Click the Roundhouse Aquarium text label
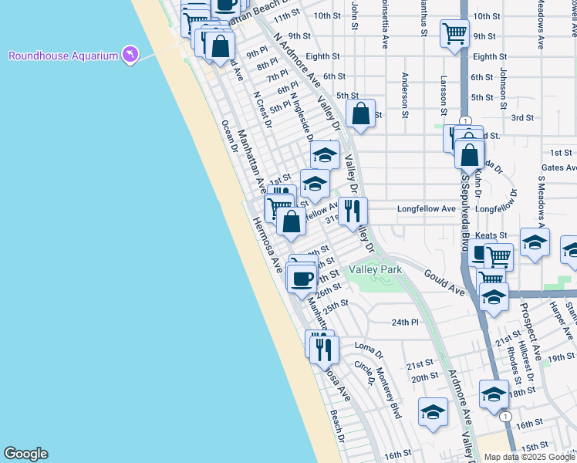point(63,56)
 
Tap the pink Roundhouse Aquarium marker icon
point(130,55)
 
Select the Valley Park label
point(375,270)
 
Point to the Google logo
point(25,454)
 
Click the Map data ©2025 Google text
point(529,457)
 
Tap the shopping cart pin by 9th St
point(454,34)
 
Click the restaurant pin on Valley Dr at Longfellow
point(353,211)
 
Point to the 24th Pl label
point(404,322)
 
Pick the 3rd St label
point(522,117)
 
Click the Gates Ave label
point(558,167)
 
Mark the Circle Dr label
point(365,373)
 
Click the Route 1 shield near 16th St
point(504,416)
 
